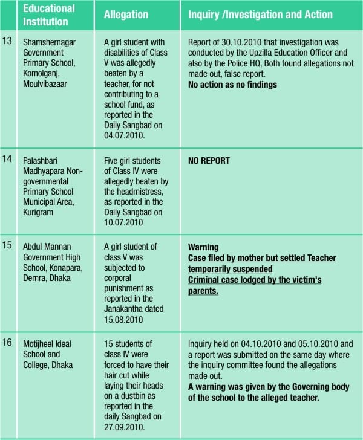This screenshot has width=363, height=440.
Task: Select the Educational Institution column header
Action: coord(48,15)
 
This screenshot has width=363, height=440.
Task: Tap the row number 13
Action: coord(8,44)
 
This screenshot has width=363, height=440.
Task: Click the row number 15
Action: coord(8,247)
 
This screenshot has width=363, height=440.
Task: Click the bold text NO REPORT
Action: coord(209,161)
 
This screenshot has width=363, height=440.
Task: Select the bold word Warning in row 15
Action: coord(203,247)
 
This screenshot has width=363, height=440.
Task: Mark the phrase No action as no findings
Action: coord(232,85)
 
